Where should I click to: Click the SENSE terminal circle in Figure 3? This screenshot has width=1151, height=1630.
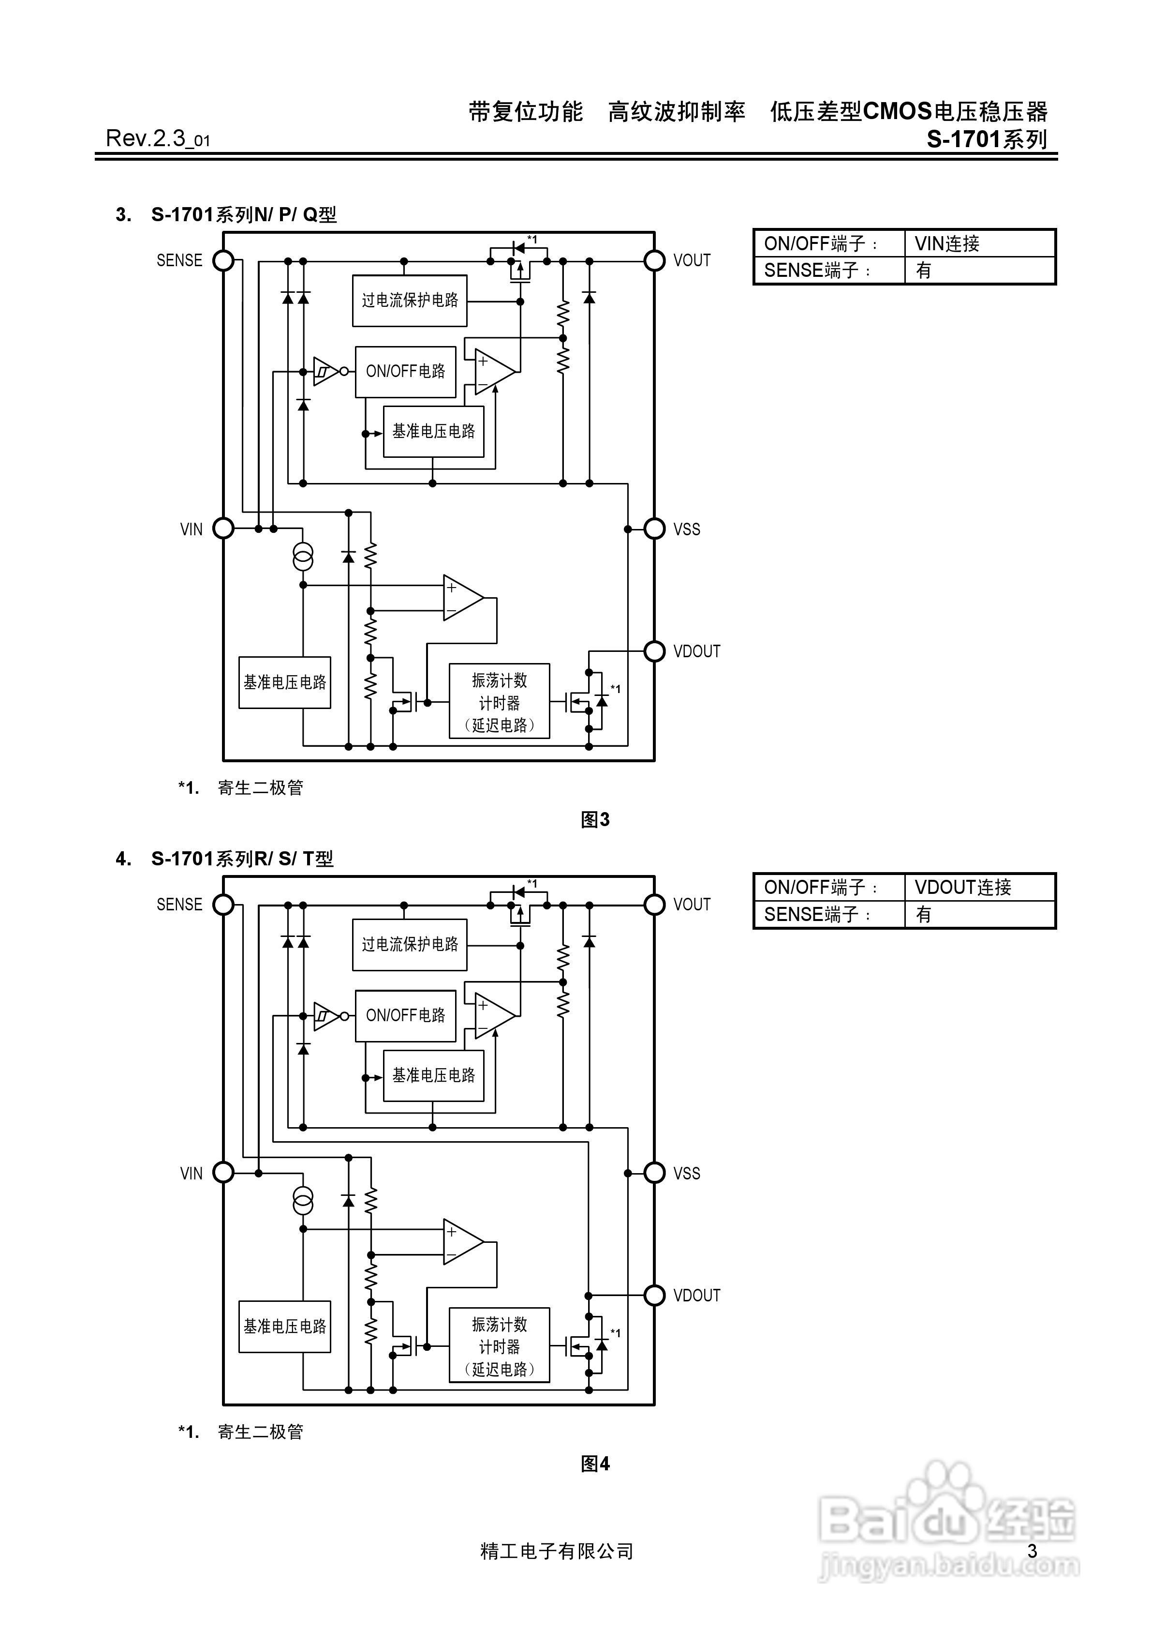pyautogui.click(x=223, y=260)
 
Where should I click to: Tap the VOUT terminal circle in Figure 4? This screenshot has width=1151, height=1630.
pyautogui.click(x=654, y=905)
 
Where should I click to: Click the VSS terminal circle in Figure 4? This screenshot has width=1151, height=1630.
pyautogui.click(x=654, y=1173)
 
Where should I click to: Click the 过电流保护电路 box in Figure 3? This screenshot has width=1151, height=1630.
pyautogui.click(x=410, y=300)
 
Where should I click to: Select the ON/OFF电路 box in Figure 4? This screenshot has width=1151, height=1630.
pyautogui.click(x=405, y=1015)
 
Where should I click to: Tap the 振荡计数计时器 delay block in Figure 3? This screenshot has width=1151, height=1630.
pyautogui.click(x=499, y=701)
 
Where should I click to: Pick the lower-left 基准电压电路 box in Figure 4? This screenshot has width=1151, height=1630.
pyautogui.click(x=284, y=1326)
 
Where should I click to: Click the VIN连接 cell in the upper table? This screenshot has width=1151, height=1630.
pyautogui.click(x=979, y=243)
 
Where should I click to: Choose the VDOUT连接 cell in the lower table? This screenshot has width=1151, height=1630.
pyautogui.click(x=979, y=888)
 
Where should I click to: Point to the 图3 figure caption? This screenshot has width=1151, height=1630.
pyautogui.click(x=595, y=819)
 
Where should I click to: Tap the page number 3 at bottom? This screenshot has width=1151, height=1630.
pyautogui.click(x=1032, y=1551)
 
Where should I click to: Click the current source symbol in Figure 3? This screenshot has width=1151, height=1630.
pyautogui.click(x=303, y=558)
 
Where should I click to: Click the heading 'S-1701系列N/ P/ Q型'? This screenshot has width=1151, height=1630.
pyautogui.click(x=243, y=214)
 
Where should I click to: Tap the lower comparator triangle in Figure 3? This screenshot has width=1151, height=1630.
pyautogui.click(x=462, y=598)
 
